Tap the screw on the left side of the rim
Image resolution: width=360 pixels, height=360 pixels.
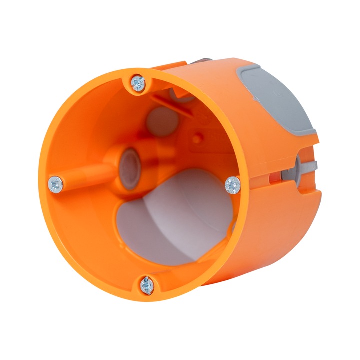point(55,185)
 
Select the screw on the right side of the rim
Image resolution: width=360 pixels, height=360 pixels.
point(232,185)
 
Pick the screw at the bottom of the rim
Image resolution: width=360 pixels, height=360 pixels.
point(146,285)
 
